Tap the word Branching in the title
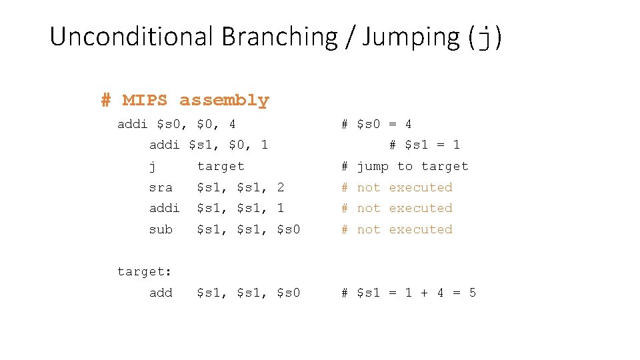(x=279, y=37)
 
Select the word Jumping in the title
(x=411, y=37)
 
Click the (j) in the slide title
(x=485, y=37)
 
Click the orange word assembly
(x=224, y=101)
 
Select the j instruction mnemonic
(x=153, y=167)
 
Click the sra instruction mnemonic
(x=161, y=187)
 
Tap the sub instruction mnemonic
(x=161, y=229)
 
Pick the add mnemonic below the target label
(x=161, y=293)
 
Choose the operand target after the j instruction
(x=221, y=166)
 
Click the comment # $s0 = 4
(x=377, y=124)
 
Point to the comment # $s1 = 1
(x=425, y=145)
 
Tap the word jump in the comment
(x=373, y=166)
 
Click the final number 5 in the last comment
(x=473, y=293)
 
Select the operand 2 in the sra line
(x=281, y=187)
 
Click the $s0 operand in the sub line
(x=289, y=229)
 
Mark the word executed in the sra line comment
(x=421, y=187)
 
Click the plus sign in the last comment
(x=424, y=293)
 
